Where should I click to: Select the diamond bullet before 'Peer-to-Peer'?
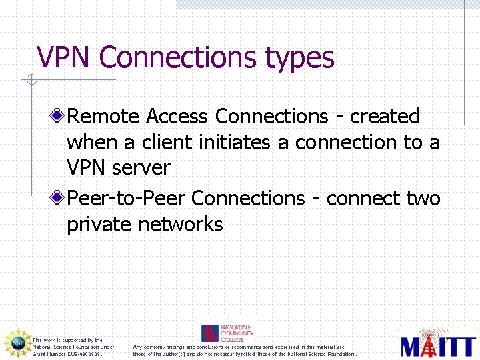(59, 198)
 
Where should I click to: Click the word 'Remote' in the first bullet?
(103, 117)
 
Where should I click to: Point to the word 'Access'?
(177, 117)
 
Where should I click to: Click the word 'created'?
(385, 117)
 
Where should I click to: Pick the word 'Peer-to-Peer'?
(127, 198)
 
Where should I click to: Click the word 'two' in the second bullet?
(423, 198)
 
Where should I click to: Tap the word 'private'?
(99, 224)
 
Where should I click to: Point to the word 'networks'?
(181, 224)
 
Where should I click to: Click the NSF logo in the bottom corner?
(17, 343)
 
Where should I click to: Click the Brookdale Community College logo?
(227, 333)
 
